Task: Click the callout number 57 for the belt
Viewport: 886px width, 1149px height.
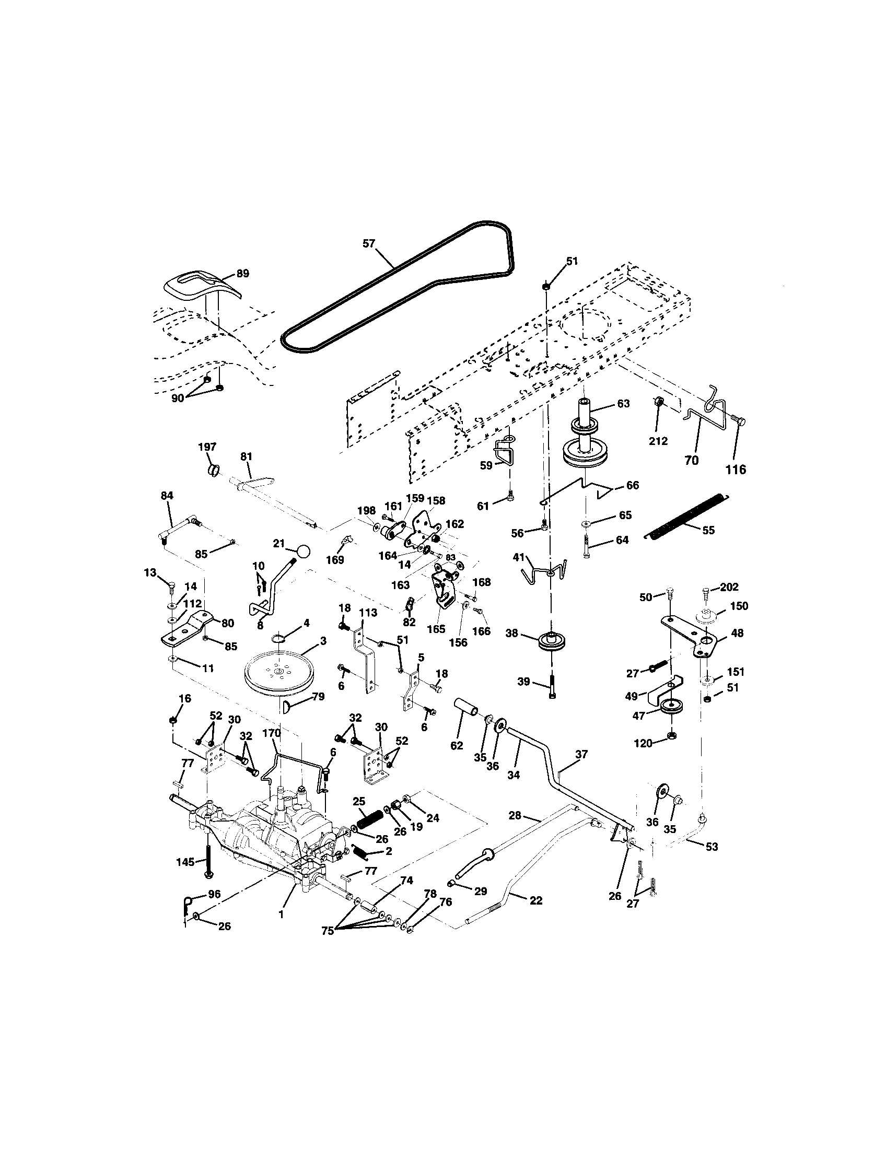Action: pyautogui.click(x=369, y=243)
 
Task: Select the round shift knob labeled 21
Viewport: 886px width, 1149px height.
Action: pyautogui.click(x=303, y=552)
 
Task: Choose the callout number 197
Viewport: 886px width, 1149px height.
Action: pyautogui.click(x=207, y=447)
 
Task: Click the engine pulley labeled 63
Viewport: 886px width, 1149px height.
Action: pyautogui.click(x=586, y=442)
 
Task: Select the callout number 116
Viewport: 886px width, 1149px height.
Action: pyautogui.click(x=736, y=470)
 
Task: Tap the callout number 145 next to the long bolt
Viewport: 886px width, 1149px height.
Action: pyautogui.click(x=186, y=861)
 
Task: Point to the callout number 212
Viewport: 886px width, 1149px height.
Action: pyautogui.click(x=658, y=441)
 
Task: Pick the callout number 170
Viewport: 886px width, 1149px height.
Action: pyautogui.click(x=272, y=733)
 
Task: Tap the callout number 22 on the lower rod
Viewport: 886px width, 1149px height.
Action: pyautogui.click(x=535, y=900)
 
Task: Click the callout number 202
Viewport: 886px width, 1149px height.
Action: pyautogui.click(x=729, y=587)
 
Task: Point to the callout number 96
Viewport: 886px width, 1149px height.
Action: pyautogui.click(x=214, y=893)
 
